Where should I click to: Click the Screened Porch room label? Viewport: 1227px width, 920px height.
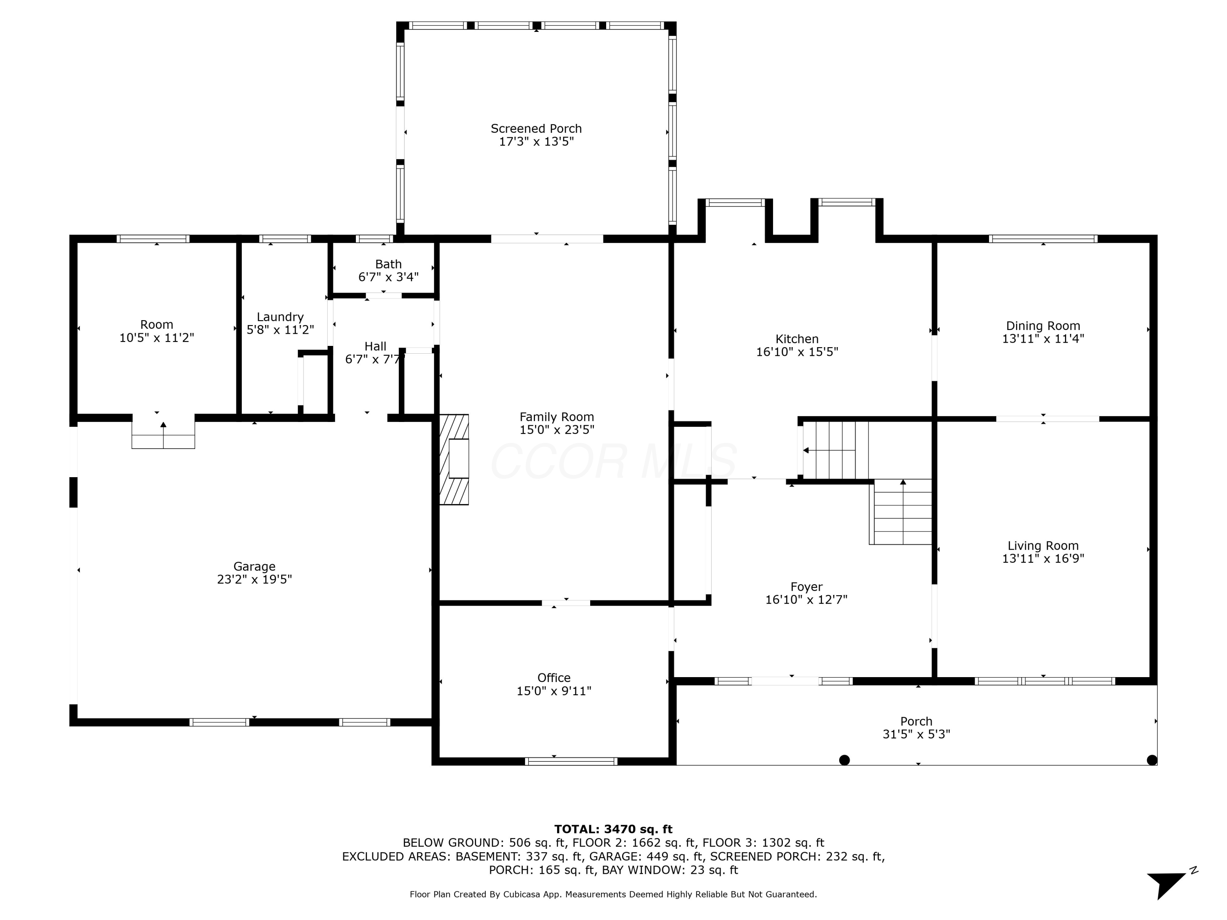(x=536, y=129)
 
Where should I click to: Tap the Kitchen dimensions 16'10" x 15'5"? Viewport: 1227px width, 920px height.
(x=797, y=352)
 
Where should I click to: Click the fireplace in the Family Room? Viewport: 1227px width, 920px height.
(x=454, y=459)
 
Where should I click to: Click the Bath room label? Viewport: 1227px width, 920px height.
(x=388, y=265)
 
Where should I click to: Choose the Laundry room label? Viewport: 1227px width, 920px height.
(x=280, y=317)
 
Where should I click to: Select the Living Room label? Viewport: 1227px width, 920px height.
(x=1043, y=546)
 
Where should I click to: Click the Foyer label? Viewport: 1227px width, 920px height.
(x=807, y=587)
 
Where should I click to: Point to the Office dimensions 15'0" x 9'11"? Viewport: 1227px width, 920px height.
(x=554, y=691)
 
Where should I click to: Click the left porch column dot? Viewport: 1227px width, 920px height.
(x=844, y=760)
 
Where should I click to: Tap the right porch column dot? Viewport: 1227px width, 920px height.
(x=1152, y=760)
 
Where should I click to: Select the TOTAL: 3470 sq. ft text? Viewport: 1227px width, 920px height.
(x=613, y=829)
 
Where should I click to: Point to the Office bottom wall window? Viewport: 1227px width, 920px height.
(x=571, y=761)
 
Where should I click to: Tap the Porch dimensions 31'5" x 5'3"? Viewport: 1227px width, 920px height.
(x=917, y=734)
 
